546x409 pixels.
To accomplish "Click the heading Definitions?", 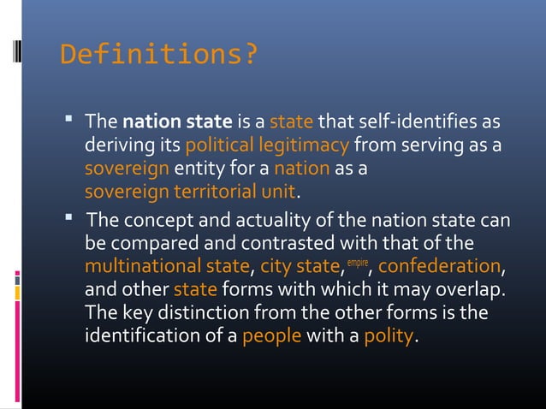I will coord(158,56).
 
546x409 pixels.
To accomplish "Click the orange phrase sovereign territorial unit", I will coord(190,189).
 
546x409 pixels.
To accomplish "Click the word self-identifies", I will coord(416,121).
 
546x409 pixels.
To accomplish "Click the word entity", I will coord(199,166).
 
